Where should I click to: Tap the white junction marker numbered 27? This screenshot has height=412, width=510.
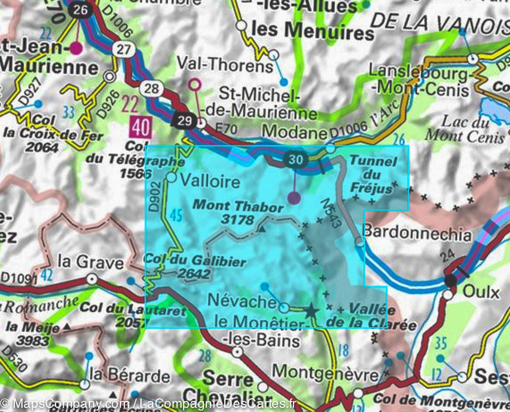pos(123,50)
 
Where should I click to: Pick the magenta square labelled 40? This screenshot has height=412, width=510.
pos(141,127)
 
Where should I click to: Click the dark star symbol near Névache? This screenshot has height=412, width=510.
pos(312,311)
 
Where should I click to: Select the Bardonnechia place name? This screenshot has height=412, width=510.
pos(417,234)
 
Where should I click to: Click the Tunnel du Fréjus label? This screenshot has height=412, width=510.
pos(373,174)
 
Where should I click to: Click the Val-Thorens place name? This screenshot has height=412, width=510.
pos(225,65)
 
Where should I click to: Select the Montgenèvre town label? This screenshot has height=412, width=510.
pos(325,373)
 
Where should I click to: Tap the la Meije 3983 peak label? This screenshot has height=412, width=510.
pos(33,333)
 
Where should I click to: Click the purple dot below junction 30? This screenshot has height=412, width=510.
pos(294,197)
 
